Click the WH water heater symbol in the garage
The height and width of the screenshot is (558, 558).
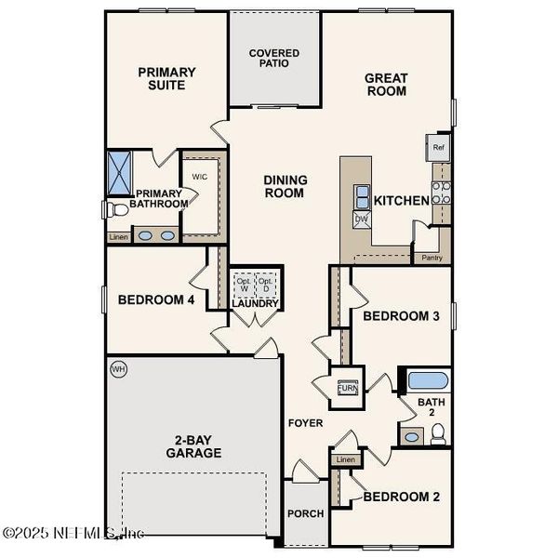118,369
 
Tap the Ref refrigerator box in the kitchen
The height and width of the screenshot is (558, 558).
438,147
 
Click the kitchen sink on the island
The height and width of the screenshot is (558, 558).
360,196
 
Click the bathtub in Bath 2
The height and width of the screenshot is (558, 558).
429,379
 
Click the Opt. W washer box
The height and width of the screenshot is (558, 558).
243,284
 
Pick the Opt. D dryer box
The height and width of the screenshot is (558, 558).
266,284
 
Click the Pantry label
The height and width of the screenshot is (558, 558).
432,258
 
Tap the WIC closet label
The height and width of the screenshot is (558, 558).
199,176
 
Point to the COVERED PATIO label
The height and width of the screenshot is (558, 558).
274,59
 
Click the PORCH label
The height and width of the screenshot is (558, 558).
306,513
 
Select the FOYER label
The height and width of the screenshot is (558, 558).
305,423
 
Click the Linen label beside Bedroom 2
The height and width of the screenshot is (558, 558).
346,459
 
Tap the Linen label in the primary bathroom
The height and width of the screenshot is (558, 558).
118,237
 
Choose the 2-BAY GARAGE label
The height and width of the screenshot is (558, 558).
194,446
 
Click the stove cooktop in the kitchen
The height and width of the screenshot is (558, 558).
443,192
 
